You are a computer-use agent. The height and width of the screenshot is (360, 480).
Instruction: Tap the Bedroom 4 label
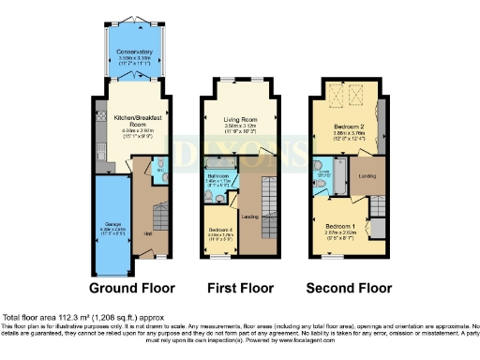point(218,230)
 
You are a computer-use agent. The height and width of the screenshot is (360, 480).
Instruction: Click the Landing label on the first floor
point(249,217)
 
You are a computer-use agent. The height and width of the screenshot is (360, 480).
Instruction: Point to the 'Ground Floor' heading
point(134,287)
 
